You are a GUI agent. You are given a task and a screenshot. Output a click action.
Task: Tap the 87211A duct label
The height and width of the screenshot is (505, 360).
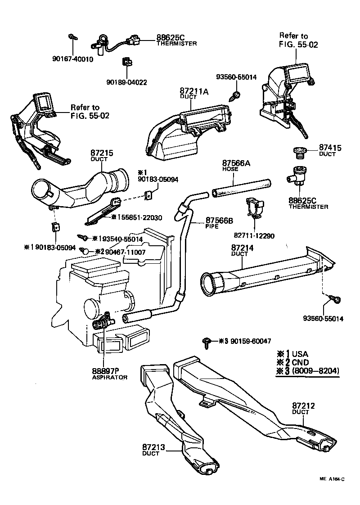point(194,92)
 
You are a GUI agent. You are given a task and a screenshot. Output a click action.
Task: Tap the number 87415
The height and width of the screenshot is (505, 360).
point(331,147)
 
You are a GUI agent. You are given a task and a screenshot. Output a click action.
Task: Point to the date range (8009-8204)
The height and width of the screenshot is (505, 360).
point(315,371)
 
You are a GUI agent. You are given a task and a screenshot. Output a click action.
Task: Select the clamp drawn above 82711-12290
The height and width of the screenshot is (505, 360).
point(255,207)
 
